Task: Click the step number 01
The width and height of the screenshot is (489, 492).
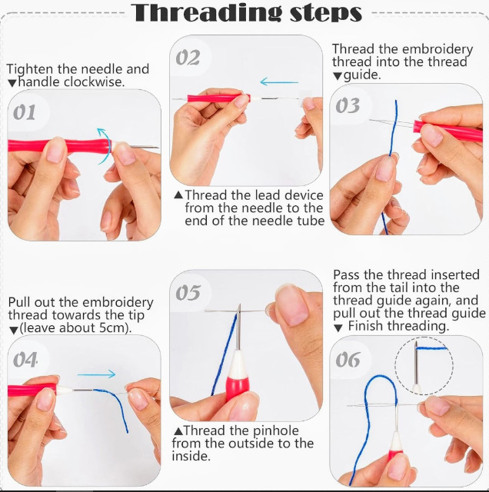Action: [x=24, y=112]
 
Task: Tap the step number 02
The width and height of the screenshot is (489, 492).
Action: [x=188, y=58]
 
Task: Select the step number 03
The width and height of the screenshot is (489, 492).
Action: [x=348, y=105]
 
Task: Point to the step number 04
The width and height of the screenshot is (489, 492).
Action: [x=25, y=360]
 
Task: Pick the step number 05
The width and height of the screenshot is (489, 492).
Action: [x=188, y=292]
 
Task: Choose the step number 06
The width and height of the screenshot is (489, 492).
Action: [x=348, y=360]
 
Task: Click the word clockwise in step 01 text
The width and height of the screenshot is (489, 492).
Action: [x=94, y=82]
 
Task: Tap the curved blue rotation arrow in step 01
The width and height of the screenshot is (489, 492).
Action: [x=105, y=145]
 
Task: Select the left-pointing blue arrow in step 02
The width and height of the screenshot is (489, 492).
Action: [x=279, y=82]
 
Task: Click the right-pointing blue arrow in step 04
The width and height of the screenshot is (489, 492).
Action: [x=96, y=374]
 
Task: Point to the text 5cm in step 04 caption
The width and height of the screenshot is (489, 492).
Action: [x=110, y=328]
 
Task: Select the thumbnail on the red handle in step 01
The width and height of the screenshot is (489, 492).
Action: [x=56, y=151]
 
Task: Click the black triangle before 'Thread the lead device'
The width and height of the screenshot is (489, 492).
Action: [x=178, y=195]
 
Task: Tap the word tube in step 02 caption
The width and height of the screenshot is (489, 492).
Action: [x=311, y=221]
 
